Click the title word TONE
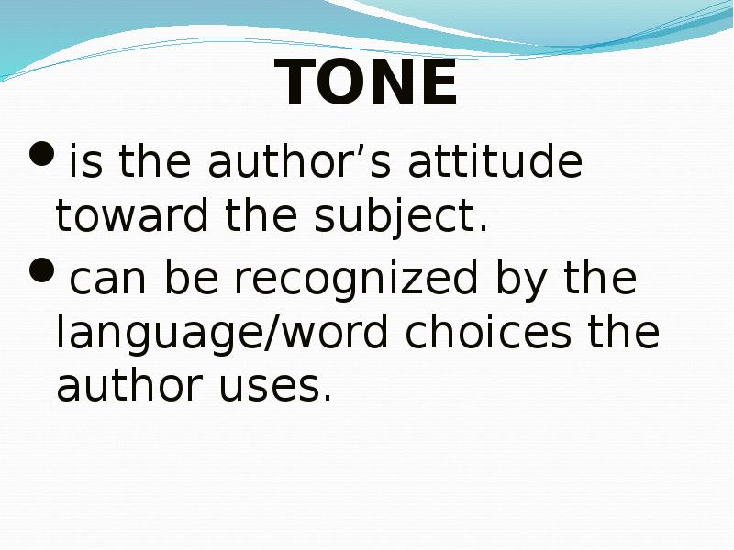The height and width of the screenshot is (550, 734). coord(365,82)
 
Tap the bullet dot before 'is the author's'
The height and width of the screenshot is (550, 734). coord(41,153)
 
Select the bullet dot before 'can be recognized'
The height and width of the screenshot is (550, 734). coord(41,269)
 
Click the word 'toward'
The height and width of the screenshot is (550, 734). coord(132,215)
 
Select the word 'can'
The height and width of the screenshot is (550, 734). coord(108,279)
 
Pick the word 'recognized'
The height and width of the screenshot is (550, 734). coord(356,280)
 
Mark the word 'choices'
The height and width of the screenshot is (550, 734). coord(488,331)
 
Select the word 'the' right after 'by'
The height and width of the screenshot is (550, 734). coord(600,277)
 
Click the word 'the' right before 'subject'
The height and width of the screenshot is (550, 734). coord(261,215)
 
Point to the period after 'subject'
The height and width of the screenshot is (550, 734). coord(484,228)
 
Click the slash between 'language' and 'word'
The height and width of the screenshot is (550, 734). coord(272,333)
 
